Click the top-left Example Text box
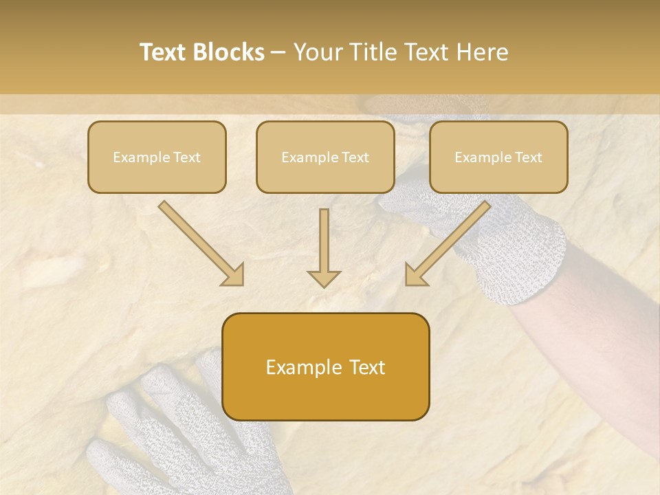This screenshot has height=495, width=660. pos(157,157)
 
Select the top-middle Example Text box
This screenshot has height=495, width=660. pos(325,157)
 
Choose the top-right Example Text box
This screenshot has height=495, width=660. pos(498,157)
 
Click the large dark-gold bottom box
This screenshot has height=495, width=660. pos(325,366)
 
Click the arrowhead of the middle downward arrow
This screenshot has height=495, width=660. pos(324,278)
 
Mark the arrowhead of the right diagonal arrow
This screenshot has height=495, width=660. pos(415,275)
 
